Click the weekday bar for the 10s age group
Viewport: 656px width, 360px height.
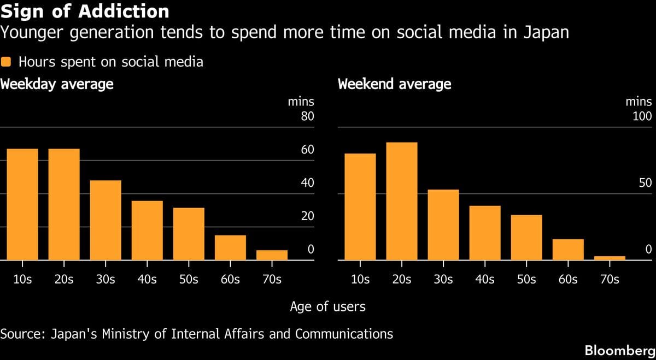pos(22,205)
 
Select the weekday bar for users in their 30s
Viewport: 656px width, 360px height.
pos(106,221)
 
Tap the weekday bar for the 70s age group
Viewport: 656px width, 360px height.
pos(272,255)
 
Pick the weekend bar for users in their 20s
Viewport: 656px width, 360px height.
pos(402,202)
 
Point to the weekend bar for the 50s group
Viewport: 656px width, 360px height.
pos(526,238)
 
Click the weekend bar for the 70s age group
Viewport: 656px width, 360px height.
pos(610,258)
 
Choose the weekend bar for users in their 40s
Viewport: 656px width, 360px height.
pos(485,233)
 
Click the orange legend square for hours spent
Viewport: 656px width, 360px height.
pos(7,62)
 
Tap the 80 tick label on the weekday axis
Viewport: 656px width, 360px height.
pos(308,116)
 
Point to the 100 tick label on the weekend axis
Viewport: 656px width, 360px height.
pos(642,116)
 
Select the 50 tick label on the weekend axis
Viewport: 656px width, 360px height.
pos(646,183)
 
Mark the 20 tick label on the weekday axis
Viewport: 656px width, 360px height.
pos(308,216)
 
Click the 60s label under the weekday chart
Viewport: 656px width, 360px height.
pos(230,279)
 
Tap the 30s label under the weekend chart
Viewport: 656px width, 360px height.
pos(443,279)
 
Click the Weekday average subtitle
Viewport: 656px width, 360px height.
pos(57,84)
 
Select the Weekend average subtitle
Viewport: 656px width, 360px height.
pos(395,84)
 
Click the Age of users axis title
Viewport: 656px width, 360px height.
pos(327,306)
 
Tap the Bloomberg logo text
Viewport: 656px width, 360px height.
pos(619,350)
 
